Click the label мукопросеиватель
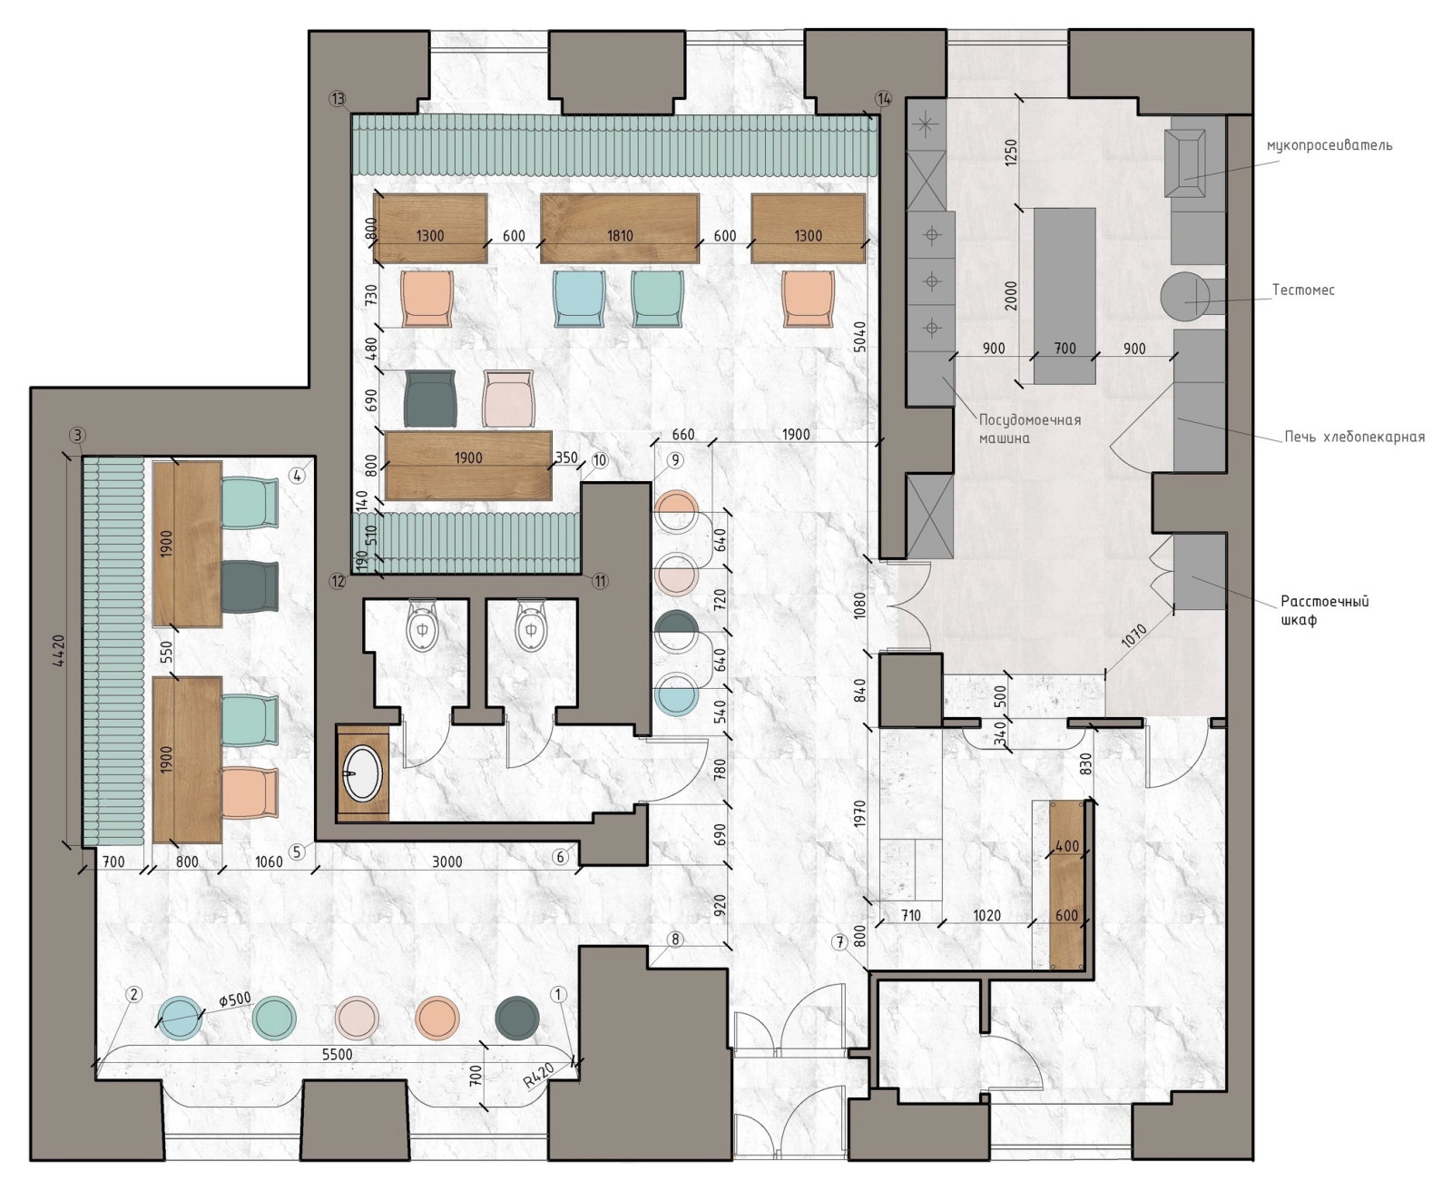(x=1329, y=145)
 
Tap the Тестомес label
(x=1303, y=290)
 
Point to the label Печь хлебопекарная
(x=1354, y=437)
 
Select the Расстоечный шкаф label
(x=1325, y=610)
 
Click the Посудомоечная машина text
(x=1030, y=428)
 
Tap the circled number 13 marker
(x=338, y=99)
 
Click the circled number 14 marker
(x=883, y=99)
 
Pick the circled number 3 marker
(x=78, y=435)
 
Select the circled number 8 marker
(x=675, y=939)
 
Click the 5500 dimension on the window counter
(x=338, y=1054)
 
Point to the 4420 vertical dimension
(x=58, y=650)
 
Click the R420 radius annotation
(x=538, y=1078)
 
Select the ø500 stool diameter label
(x=235, y=999)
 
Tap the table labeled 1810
(x=620, y=228)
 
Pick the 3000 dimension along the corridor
(x=446, y=861)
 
